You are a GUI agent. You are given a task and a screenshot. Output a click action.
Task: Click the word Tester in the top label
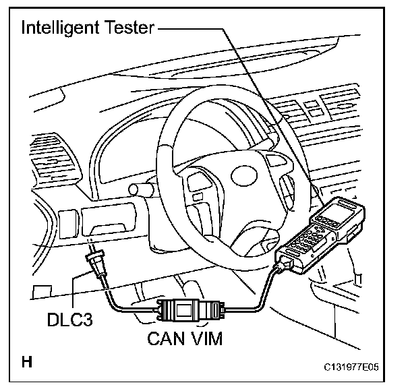point(129,28)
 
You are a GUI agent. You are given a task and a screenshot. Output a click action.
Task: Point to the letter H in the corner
point(27,362)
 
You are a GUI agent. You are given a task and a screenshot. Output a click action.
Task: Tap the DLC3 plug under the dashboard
point(95,264)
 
